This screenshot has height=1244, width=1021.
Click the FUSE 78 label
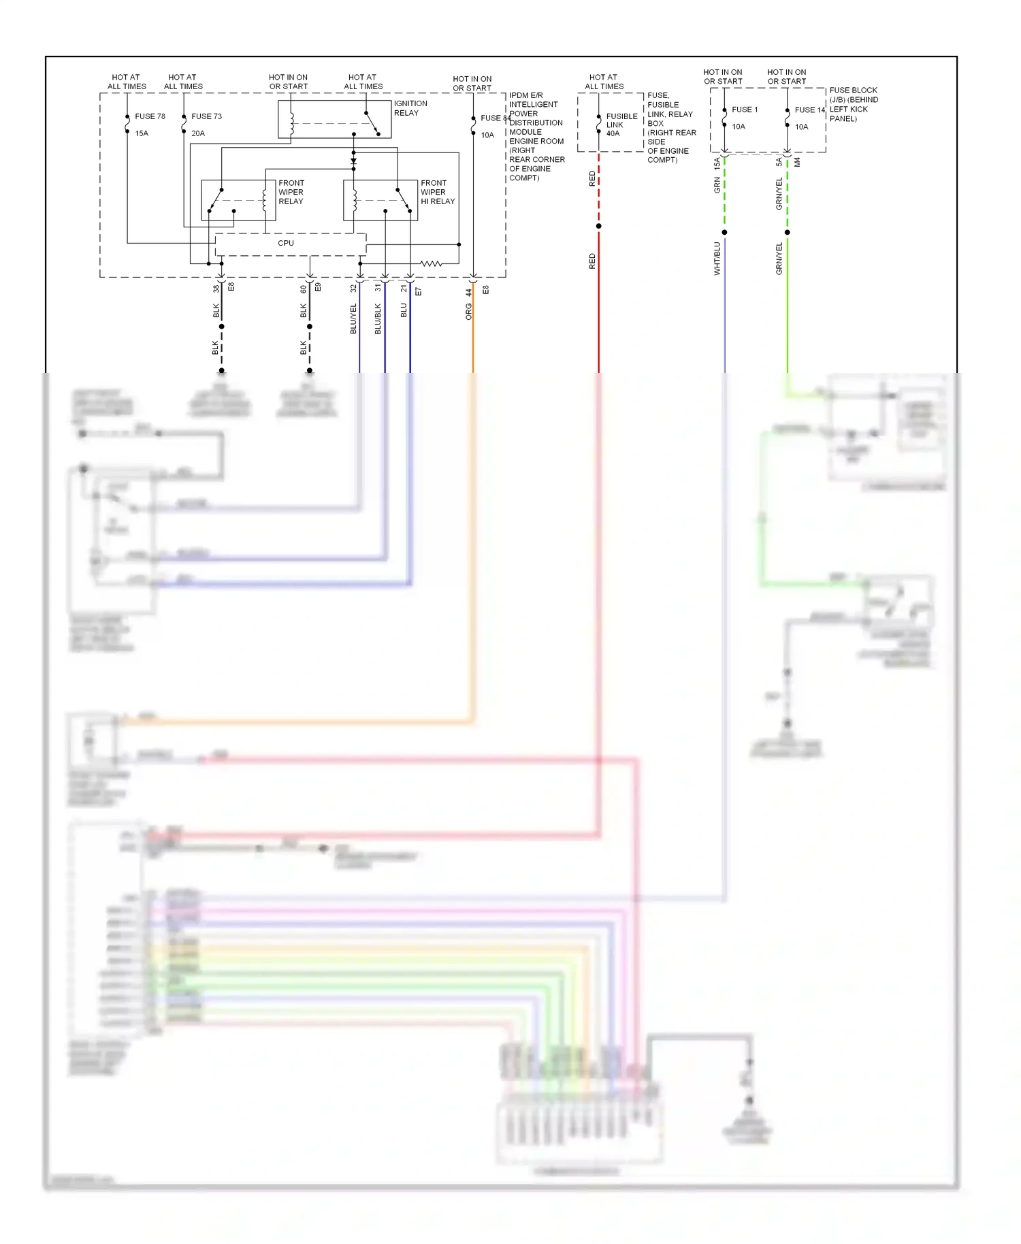point(150,116)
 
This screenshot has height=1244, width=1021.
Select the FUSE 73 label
point(206,116)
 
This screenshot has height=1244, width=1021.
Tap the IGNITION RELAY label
point(410,108)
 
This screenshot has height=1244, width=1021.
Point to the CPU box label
point(286,243)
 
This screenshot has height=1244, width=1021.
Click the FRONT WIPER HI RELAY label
point(437,192)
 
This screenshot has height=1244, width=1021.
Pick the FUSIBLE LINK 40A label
point(621,125)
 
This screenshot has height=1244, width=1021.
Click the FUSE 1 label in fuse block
point(745,110)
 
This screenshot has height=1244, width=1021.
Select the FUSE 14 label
point(809,110)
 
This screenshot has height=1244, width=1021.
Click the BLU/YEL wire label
point(353,318)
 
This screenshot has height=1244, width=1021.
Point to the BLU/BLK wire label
point(378,318)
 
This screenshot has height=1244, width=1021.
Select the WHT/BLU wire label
point(717,259)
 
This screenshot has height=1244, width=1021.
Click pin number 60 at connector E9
point(304,289)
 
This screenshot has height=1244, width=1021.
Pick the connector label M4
point(797,162)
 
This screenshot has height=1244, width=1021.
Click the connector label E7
point(419,291)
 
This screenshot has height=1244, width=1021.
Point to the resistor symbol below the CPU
point(430,263)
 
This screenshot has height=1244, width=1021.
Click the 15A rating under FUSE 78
point(142,133)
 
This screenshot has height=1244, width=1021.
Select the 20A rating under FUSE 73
point(198,133)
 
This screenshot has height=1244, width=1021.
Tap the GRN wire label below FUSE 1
point(717,184)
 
